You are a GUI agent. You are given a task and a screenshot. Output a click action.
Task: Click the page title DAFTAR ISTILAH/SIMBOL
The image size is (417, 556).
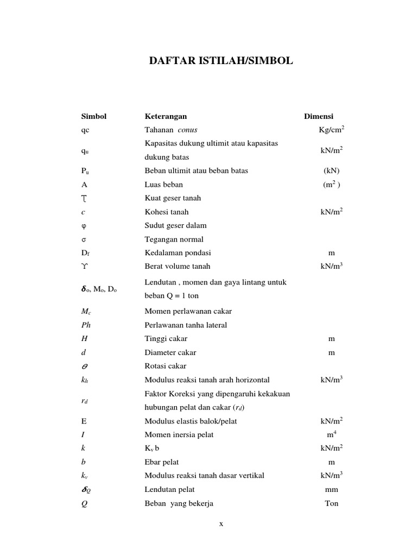point(221,61)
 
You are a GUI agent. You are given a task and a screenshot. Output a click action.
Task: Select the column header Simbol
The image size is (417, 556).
point(94,116)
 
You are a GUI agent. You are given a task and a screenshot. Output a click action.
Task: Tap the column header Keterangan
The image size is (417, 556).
point(166,116)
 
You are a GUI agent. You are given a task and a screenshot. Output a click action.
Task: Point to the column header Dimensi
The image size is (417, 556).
point(319,116)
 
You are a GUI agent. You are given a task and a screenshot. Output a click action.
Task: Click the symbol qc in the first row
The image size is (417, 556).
point(86,130)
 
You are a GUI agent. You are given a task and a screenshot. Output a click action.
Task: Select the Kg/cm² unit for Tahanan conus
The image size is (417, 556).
point(331,130)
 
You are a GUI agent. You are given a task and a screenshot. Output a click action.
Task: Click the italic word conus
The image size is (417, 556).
point(187,130)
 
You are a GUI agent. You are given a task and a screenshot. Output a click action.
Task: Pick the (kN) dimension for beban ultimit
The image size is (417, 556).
point(331,170)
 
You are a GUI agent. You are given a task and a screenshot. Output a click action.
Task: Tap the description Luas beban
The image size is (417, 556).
point(163,185)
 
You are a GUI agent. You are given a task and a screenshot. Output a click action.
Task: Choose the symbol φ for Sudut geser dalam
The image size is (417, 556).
point(84,225)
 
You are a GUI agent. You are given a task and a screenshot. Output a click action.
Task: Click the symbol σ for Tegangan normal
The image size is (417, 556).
point(84,239)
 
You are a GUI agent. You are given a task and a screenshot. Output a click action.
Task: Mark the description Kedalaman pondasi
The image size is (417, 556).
point(178,252)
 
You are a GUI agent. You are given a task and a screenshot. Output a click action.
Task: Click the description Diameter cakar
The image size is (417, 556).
point(170,352)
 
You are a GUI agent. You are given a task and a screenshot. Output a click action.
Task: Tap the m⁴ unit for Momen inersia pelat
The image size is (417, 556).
point(331,434)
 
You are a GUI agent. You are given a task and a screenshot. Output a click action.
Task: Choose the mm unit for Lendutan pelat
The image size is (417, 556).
point(331,489)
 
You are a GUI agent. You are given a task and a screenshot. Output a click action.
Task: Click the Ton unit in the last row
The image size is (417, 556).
point(331,503)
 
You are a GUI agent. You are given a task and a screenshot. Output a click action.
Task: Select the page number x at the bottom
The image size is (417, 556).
point(221,524)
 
